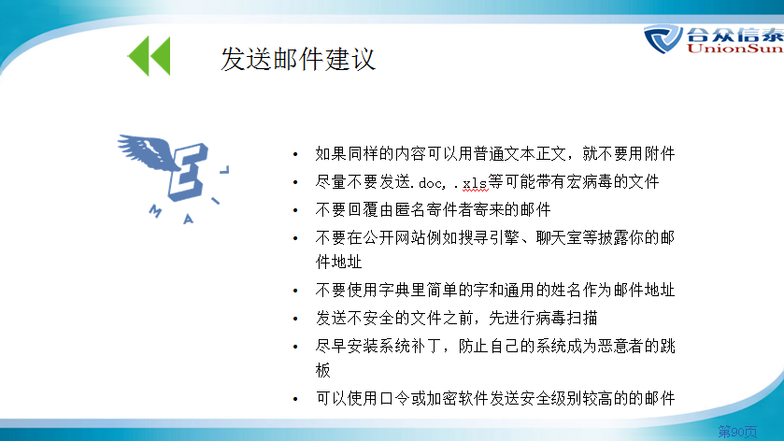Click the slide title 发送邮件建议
pyautogui.click(x=298, y=59)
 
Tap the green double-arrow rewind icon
pyautogui.click(x=149, y=55)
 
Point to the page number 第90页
pyautogui.click(x=737, y=431)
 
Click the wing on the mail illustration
pyautogui.click(x=146, y=150)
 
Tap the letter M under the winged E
pyautogui.click(x=155, y=211)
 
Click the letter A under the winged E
pyautogui.click(x=188, y=219)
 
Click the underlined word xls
pyautogui.click(x=474, y=183)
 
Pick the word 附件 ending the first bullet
pyautogui.click(x=660, y=153)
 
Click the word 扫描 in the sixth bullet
pyautogui.click(x=582, y=318)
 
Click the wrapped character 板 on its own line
pyautogui.click(x=323, y=371)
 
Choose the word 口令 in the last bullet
pyautogui.click(x=394, y=399)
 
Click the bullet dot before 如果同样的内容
pyautogui.click(x=295, y=154)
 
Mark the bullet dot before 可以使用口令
pyautogui.click(x=295, y=399)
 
